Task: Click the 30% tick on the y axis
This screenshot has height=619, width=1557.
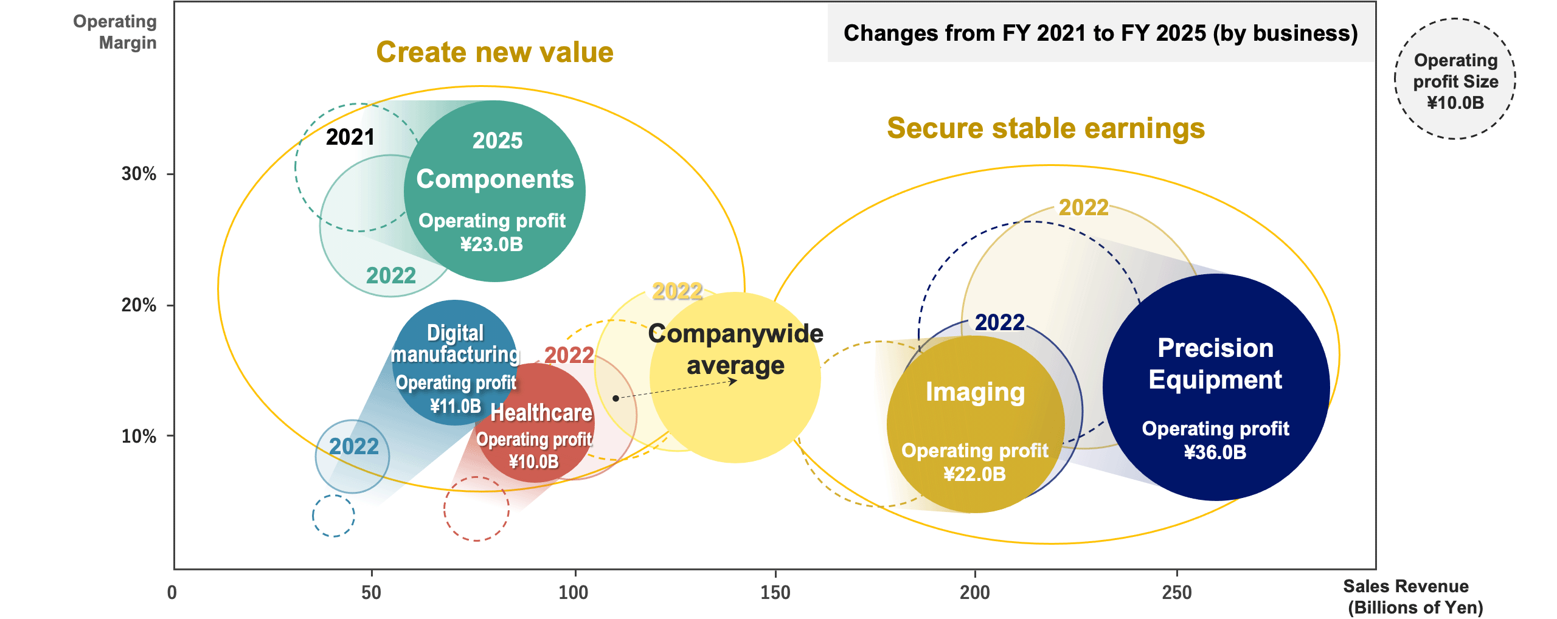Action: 139,174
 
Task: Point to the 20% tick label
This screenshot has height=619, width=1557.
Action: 139,305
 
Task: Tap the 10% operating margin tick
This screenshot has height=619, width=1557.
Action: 139,436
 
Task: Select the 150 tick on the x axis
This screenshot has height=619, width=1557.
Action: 775,592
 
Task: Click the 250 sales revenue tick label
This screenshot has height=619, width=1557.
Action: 1176,592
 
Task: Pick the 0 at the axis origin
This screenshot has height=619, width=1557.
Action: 172,592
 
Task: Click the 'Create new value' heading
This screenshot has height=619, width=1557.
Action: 494,52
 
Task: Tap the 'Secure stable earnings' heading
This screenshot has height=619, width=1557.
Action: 1046,128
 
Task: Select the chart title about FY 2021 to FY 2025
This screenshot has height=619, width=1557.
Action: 1100,33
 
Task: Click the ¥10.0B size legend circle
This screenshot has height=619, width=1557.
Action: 1455,79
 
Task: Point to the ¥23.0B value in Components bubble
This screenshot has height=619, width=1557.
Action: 491,244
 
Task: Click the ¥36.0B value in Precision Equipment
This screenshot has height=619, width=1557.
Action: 1215,452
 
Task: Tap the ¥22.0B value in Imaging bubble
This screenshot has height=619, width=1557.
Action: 974,474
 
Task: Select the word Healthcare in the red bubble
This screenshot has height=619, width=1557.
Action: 541,413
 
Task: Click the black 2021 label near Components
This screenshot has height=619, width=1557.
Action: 350,137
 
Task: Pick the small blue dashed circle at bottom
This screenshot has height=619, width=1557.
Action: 333,516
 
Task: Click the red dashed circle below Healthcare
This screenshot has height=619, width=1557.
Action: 476,509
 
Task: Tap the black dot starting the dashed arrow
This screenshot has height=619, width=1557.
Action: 616,398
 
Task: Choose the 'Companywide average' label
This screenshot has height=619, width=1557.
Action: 735,350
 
